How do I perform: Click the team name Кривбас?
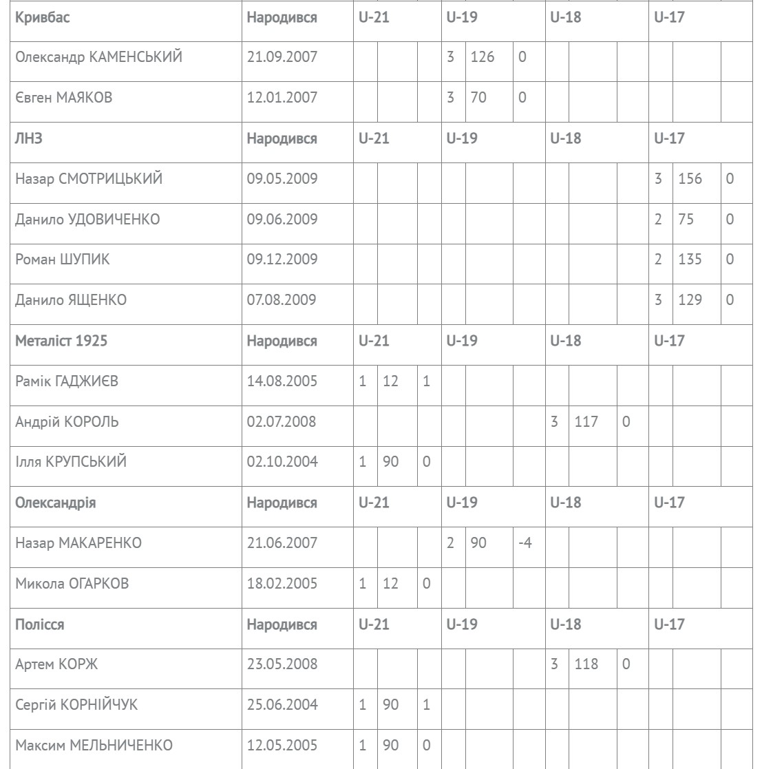[x=42, y=17]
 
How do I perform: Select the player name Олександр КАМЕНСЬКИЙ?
[x=98, y=57]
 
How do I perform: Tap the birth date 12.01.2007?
[x=282, y=98]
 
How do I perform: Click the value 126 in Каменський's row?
[x=482, y=57]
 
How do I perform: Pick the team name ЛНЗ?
[x=28, y=138]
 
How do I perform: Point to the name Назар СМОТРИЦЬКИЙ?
[x=89, y=179]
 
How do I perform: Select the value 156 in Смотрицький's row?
[x=690, y=179]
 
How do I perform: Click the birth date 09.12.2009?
[x=282, y=260]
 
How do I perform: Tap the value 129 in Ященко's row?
[x=690, y=300]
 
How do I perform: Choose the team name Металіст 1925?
[x=61, y=341]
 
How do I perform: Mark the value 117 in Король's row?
[x=586, y=421]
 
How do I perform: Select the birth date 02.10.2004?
[x=282, y=462]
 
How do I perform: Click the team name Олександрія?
[x=55, y=503]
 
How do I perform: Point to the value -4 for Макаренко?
[x=525, y=543]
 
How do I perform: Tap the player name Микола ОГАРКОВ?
[x=72, y=584]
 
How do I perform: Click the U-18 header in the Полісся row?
[x=565, y=624]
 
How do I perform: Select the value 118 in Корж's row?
[x=586, y=665]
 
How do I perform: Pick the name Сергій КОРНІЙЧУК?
[x=81, y=706]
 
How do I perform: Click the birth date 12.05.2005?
[x=282, y=746]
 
